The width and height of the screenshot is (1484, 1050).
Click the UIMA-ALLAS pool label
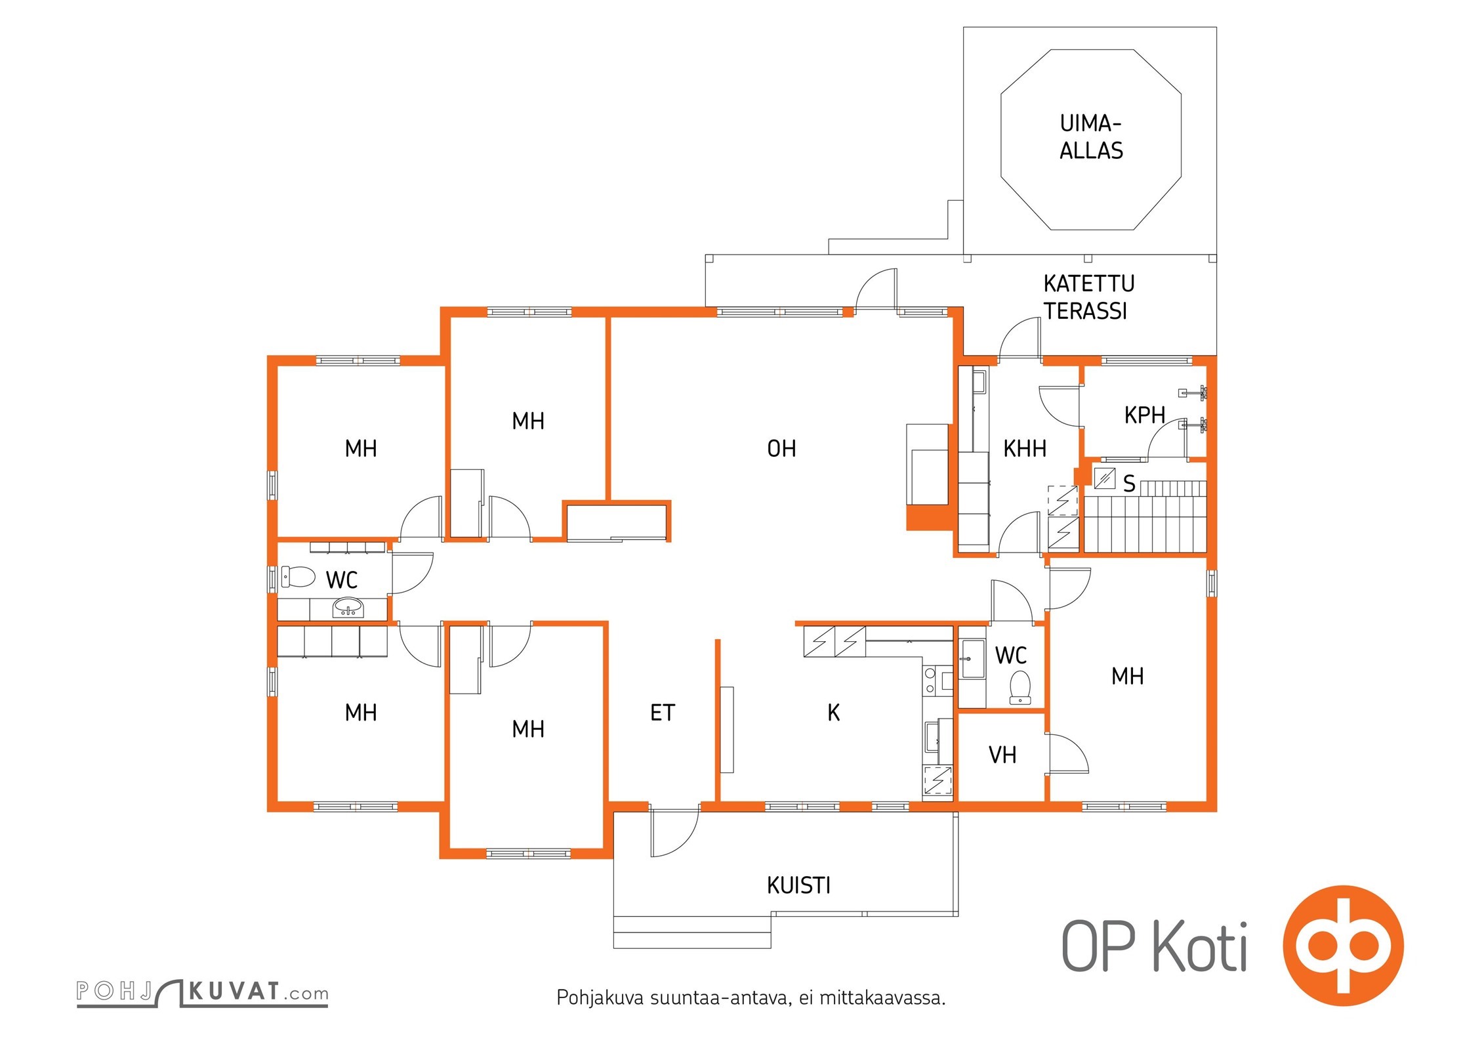click(x=1091, y=137)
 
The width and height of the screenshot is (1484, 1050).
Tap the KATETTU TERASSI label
click(x=1088, y=297)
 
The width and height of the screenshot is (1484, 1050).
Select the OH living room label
click(x=781, y=449)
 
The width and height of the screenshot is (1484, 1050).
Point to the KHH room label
click(x=1025, y=449)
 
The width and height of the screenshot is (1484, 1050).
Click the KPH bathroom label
click(x=1145, y=415)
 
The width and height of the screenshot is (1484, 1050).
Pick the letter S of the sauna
click(x=1129, y=484)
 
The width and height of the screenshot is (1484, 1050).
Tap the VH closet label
click(x=1002, y=755)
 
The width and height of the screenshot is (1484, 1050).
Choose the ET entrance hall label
click(x=662, y=713)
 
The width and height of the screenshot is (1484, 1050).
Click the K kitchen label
click(x=833, y=713)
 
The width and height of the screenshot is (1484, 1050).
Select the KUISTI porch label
click(x=798, y=886)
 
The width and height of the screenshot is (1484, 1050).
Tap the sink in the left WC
click(x=348, y=607)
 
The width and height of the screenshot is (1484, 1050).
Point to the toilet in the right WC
click(x=1020, y=688)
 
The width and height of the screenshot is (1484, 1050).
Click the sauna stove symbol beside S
click(x=1105, y=478)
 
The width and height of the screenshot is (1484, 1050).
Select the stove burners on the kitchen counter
click(x=930, y=681)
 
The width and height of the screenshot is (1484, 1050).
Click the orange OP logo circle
click(x=1343, y=946)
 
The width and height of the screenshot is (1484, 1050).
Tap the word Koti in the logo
click(x=1200, y=946)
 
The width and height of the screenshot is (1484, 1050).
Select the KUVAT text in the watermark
click(x=235, y=992)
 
